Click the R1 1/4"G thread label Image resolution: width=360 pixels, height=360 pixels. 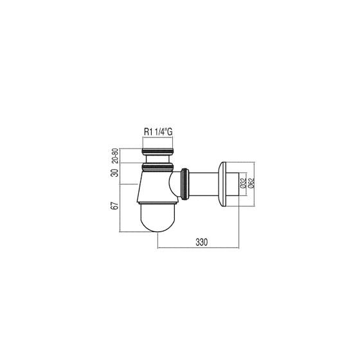click(x=158, y=132)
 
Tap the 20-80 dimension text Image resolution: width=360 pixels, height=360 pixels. click(x=115, y=156)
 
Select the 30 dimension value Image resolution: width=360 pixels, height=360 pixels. click(x=115, y=173)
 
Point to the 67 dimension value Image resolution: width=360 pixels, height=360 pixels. click(x=115, y=206)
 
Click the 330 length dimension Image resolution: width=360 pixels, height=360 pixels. click(x=202, y=242)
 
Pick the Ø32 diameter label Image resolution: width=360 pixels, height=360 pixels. click(x=243, y=183)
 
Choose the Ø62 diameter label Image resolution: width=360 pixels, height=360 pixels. click(x=251, y=183)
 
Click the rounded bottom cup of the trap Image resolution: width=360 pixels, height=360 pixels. click(x=158, y=218)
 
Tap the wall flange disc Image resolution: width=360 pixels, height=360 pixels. click(x=222, y=184)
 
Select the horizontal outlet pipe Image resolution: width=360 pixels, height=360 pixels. click(x=204, y=184)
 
